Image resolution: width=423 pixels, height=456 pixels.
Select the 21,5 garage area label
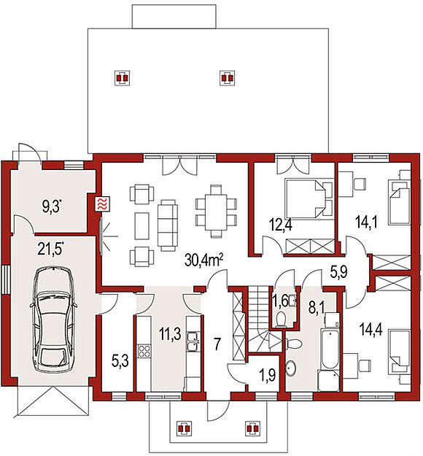50,248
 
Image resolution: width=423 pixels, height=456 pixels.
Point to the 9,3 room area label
53,206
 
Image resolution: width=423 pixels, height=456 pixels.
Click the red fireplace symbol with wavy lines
103,204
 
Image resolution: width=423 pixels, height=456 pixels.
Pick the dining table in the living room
216,212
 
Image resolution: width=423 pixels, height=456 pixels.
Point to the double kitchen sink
193,341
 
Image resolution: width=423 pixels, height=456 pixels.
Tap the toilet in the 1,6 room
281,319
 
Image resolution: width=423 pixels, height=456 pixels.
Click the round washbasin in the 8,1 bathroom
291,368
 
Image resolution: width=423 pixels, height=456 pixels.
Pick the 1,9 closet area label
266,376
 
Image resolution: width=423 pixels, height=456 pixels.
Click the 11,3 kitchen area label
170,333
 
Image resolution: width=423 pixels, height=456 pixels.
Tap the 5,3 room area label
120,363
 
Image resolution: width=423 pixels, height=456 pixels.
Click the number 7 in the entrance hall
217,344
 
